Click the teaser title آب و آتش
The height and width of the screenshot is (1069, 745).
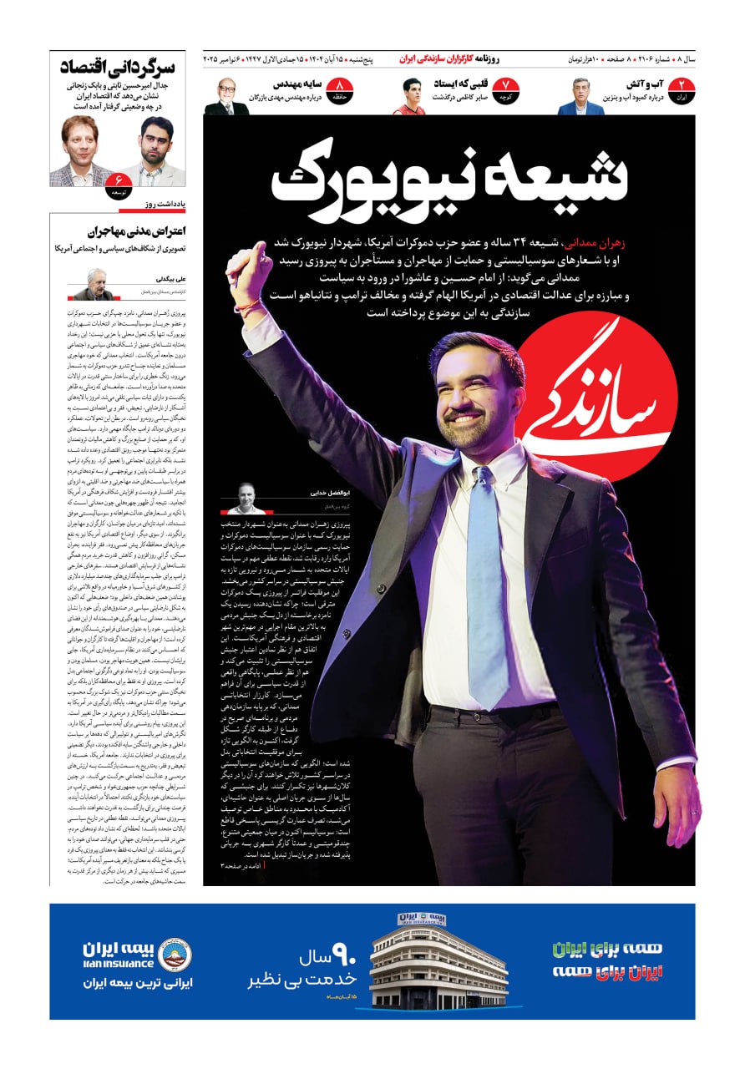645,84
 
